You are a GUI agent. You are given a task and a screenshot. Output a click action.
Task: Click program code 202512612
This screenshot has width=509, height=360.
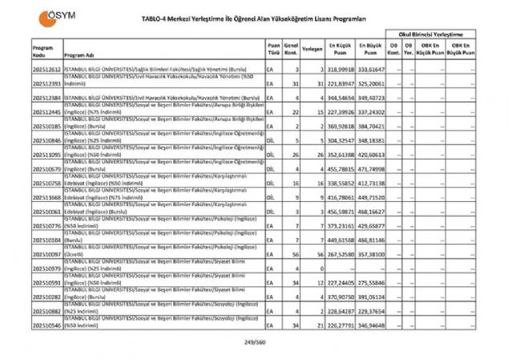point(44,71)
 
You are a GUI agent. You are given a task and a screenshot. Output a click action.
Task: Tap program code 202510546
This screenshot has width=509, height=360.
point(44,327)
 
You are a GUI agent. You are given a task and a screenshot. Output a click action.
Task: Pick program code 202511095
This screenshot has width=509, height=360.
point(44,155)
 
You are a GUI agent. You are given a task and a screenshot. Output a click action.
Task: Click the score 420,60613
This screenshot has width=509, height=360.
point(372,155)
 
